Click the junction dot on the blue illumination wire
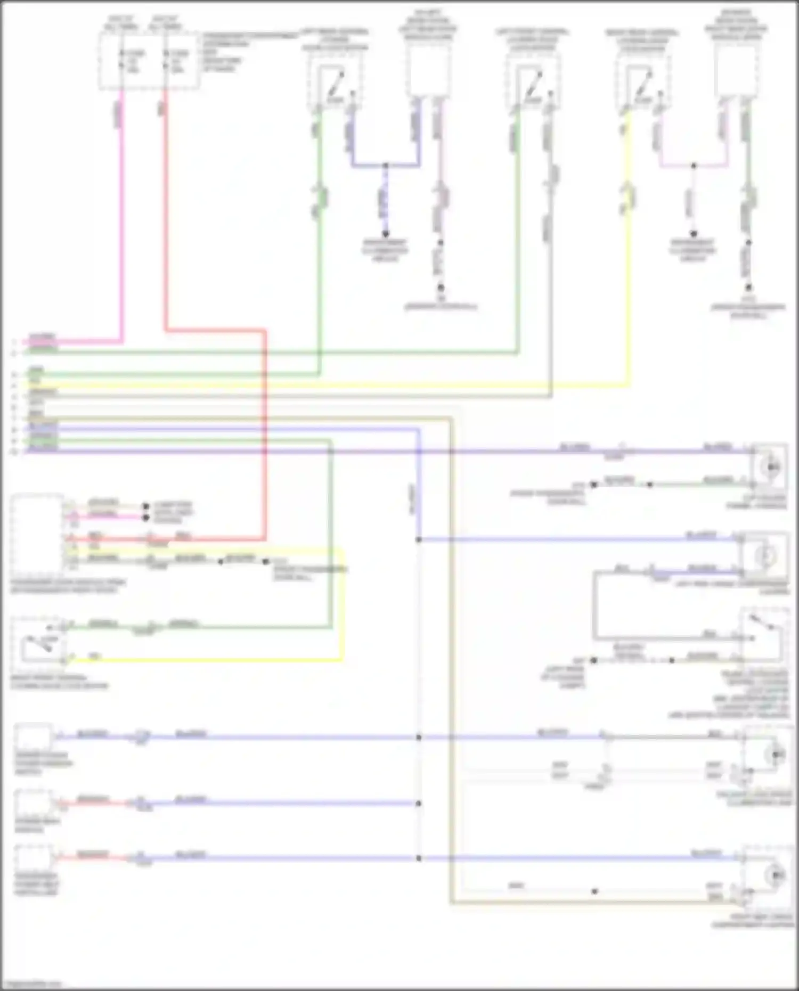[386, 166]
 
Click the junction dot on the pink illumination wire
[694, 166]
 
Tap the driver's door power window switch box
[34, 737]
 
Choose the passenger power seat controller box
[33, 858]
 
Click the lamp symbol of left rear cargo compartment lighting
[768, 556]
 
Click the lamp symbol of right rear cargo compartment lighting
[772, 874]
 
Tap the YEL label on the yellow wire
[94, 657]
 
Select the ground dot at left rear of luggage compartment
[594, 660]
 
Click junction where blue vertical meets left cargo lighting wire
[419, 539]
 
